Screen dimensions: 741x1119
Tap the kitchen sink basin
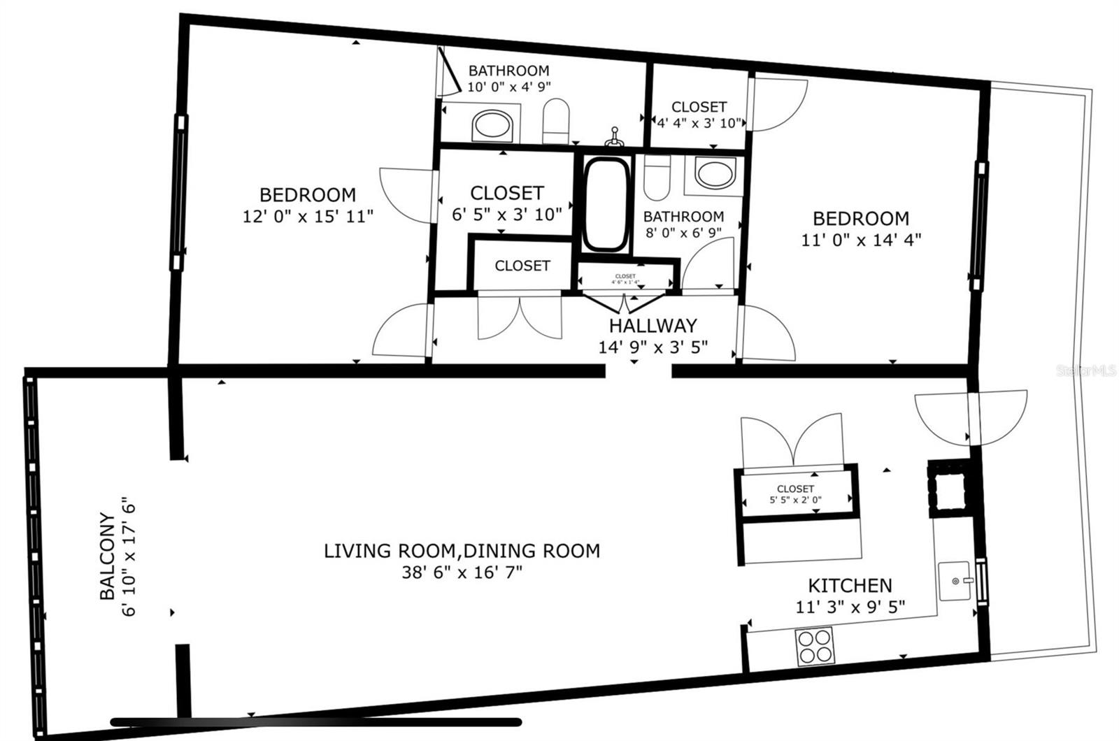(x=953, y=581)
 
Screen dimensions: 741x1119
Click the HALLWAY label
(x=653, y=326)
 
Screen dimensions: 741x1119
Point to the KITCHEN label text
(x=850, y=585)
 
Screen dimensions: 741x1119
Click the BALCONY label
(x=107, y=556)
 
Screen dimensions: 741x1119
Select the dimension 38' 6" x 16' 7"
(x=462, y=573)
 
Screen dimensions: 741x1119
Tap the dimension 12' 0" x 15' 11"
(x=308, y=216)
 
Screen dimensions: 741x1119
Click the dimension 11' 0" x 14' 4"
(x=861, y=240)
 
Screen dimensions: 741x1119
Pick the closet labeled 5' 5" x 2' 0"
(x=796, y=494)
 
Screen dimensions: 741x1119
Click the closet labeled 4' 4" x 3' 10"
(x=699, y=115)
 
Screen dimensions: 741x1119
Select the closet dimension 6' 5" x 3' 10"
(x=507, y=215)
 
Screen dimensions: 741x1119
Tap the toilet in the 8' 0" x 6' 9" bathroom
(x=657, y=178)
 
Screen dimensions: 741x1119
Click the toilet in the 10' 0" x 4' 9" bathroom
(x=557, y=122)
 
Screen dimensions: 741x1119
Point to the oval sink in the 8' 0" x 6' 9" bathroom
(x=715, y=173)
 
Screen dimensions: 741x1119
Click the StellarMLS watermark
(x=1086, y=370)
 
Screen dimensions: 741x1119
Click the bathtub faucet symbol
(x=614, y=137)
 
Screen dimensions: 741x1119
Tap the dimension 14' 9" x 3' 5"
(x=653, y=347)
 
